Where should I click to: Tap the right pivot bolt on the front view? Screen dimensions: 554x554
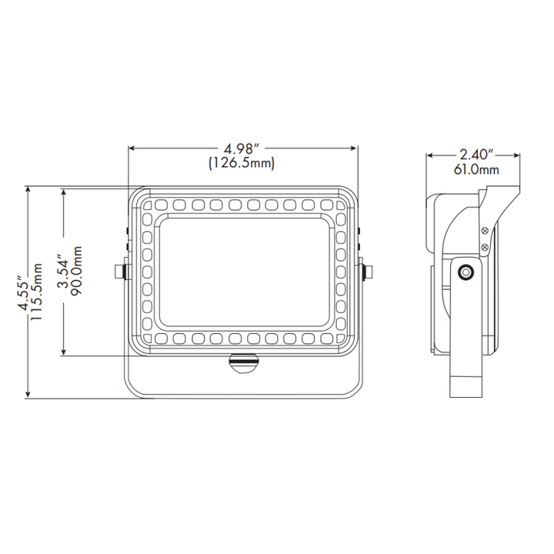(367, 271)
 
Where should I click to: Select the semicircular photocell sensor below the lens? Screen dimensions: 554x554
(243, 362)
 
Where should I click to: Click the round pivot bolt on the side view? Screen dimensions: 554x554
(466, 272)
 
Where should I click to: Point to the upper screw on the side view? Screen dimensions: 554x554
(484, 230)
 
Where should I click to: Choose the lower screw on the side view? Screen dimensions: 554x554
(484, 245)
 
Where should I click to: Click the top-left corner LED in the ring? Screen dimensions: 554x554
(145, 205)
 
